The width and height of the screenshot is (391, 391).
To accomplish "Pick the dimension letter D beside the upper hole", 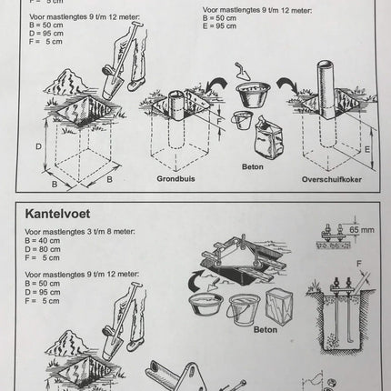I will click(37, 145).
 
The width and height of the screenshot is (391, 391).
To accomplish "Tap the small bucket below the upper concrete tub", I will click(241, 120).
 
